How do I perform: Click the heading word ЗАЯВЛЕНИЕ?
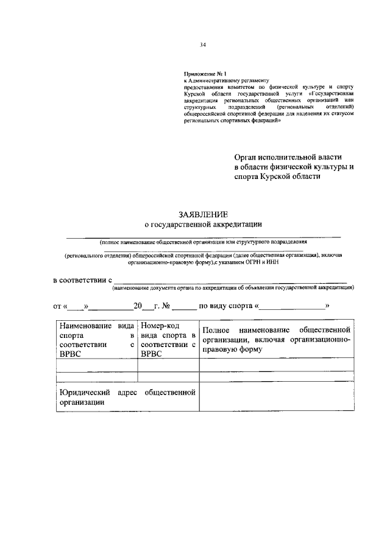point(203,215)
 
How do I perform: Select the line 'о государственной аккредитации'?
point(203,225)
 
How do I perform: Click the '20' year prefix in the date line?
point(138,306)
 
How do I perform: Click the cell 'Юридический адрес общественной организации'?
point(126,398)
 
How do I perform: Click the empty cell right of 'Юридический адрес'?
point(277,398)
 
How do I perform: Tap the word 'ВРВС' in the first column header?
point(71,354)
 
